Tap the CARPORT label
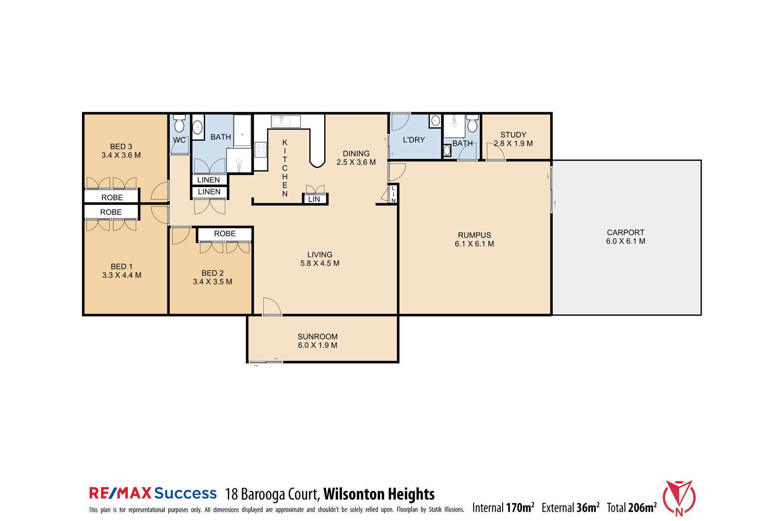[x=625, y=237]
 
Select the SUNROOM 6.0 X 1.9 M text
[x=317, y=341]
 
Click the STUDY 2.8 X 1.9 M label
[x=513, y=139]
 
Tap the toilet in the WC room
[x=179, y=125]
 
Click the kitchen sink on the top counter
[x=285, y=121]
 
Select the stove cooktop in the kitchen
[x=260, y=150]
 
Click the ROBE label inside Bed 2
[x=224, y=234]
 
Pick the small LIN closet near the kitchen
[x=314, y=199]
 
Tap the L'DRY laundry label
[x=413, y=140]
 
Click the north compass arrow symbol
[x=679, y=498]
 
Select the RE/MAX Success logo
[x=153, y=493]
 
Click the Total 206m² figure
[x=631, y=508]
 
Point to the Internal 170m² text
[x=503, y=508]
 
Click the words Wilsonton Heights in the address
[x=379, y=494]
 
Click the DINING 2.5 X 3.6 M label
[x=356, y=158]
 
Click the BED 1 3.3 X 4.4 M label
[x=121, y=270]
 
